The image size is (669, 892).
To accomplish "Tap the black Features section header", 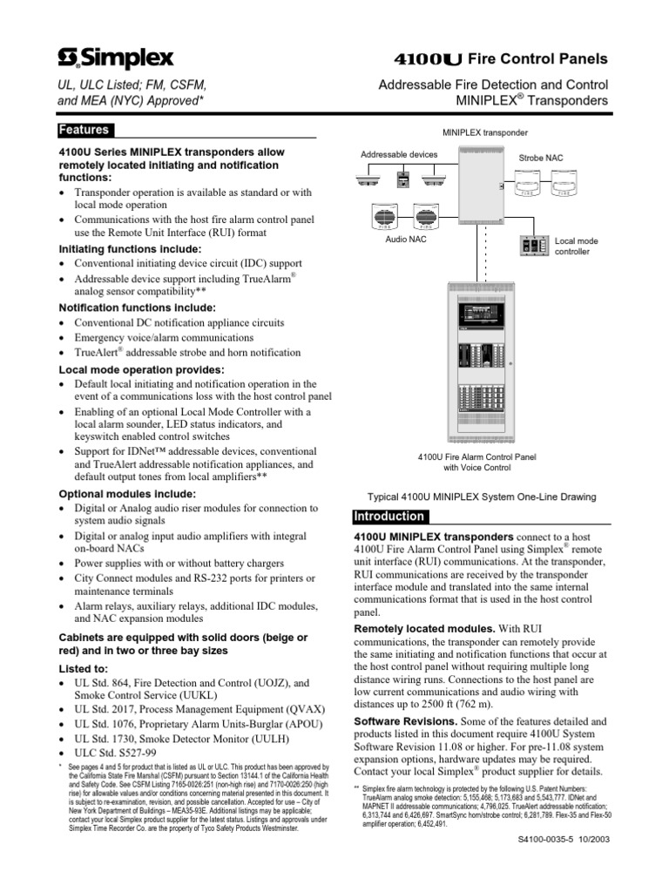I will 84,131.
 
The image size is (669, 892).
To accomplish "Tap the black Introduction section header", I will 389,516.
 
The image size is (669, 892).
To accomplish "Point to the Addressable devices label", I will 399,155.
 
